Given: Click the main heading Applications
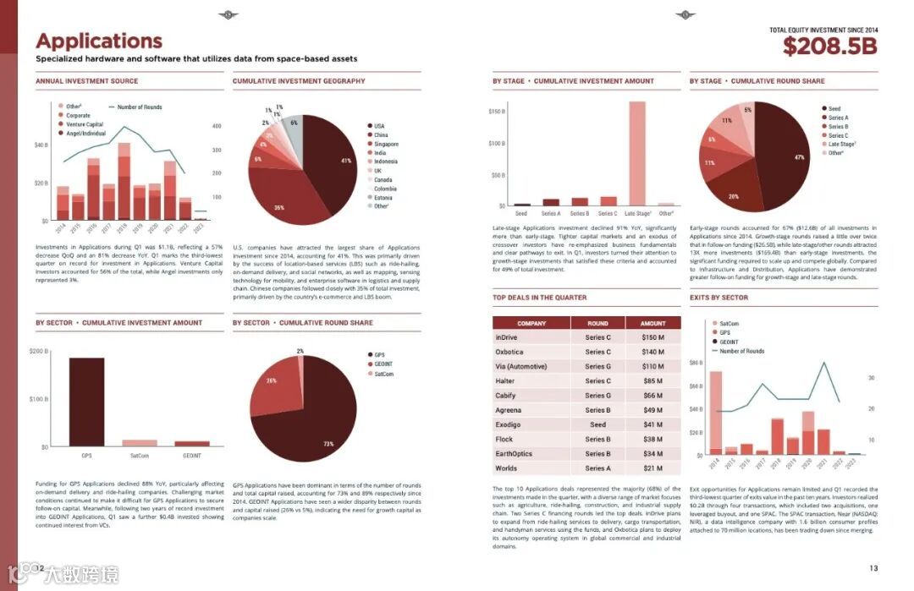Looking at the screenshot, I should [x=99, y=41].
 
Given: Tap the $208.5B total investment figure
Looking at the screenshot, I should [x=829, y=46].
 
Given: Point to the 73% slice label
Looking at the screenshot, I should [x=328, y=444].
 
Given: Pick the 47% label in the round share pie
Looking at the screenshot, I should [x=799, y=158].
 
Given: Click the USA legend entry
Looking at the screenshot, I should [x=379, y=126].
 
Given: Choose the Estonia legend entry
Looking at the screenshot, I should [x=384, y=197].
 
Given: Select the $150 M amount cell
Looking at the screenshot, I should [x=652, y=337].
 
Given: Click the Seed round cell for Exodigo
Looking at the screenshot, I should [x=597, y=424].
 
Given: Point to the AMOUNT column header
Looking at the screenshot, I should [x=652, y=323].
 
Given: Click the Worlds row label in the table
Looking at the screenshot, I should [x=506, y=468].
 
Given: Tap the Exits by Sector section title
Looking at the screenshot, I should [x=719, y=298].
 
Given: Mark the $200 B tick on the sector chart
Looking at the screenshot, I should [x=40, y=351].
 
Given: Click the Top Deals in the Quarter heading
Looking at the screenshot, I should [x=539, y=298].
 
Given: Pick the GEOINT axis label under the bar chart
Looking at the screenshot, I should [x=192, y=456].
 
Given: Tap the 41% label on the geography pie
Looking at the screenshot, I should [x=346, y=161].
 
